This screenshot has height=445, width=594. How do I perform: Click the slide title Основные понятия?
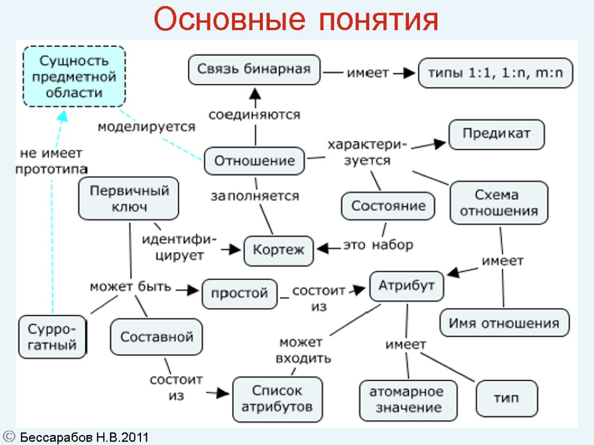coord(296,21)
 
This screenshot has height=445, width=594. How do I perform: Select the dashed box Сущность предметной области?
coord(74,76)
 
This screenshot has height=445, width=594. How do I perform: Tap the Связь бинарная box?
coord(254,70)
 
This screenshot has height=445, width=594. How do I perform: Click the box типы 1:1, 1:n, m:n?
coord(495,73)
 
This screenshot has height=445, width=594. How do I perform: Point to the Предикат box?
coord(497,134)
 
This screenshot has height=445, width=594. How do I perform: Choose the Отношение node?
coord(254,161)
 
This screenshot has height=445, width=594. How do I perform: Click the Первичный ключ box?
coord(128,198)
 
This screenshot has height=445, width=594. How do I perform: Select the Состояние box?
coord(387,206)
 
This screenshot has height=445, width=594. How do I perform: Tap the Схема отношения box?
coord(499,202)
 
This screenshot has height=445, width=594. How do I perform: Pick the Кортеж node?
coord(278,250)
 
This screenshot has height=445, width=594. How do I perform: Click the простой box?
coord(239,293)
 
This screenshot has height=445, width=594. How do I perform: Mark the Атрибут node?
coord(407,286)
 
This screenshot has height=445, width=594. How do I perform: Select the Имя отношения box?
coord(504,323)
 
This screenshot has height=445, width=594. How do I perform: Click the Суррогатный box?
coord(52,337)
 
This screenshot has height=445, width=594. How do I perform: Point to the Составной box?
coord(156,336)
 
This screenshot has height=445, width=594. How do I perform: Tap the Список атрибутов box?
coord(277,399)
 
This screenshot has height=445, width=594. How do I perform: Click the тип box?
coord(506,399)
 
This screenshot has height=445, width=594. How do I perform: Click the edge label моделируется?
coord(146,127)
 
